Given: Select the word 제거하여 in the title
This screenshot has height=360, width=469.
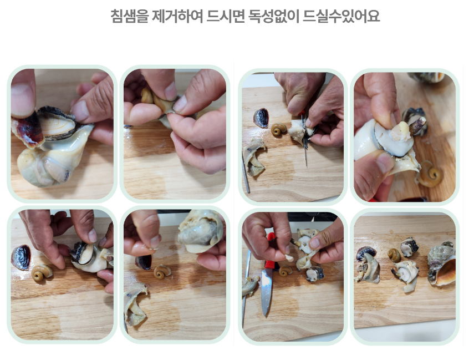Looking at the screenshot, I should pyautogui.click(x=176, y=16).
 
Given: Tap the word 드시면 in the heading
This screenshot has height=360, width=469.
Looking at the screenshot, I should pyautogui.click(x=226, y=16).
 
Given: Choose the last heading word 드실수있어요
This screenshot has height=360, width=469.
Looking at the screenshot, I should pyautogui.click(x=341, y=16).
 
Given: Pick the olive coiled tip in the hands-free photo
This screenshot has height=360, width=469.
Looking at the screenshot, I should pyautogui.click(x=394, y=255).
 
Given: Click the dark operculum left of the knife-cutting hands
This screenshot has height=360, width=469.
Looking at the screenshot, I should pyautogui.click(x=261, y=118).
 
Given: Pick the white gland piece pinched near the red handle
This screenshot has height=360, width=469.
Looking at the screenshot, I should pyautogui.click(x=288, y=257).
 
